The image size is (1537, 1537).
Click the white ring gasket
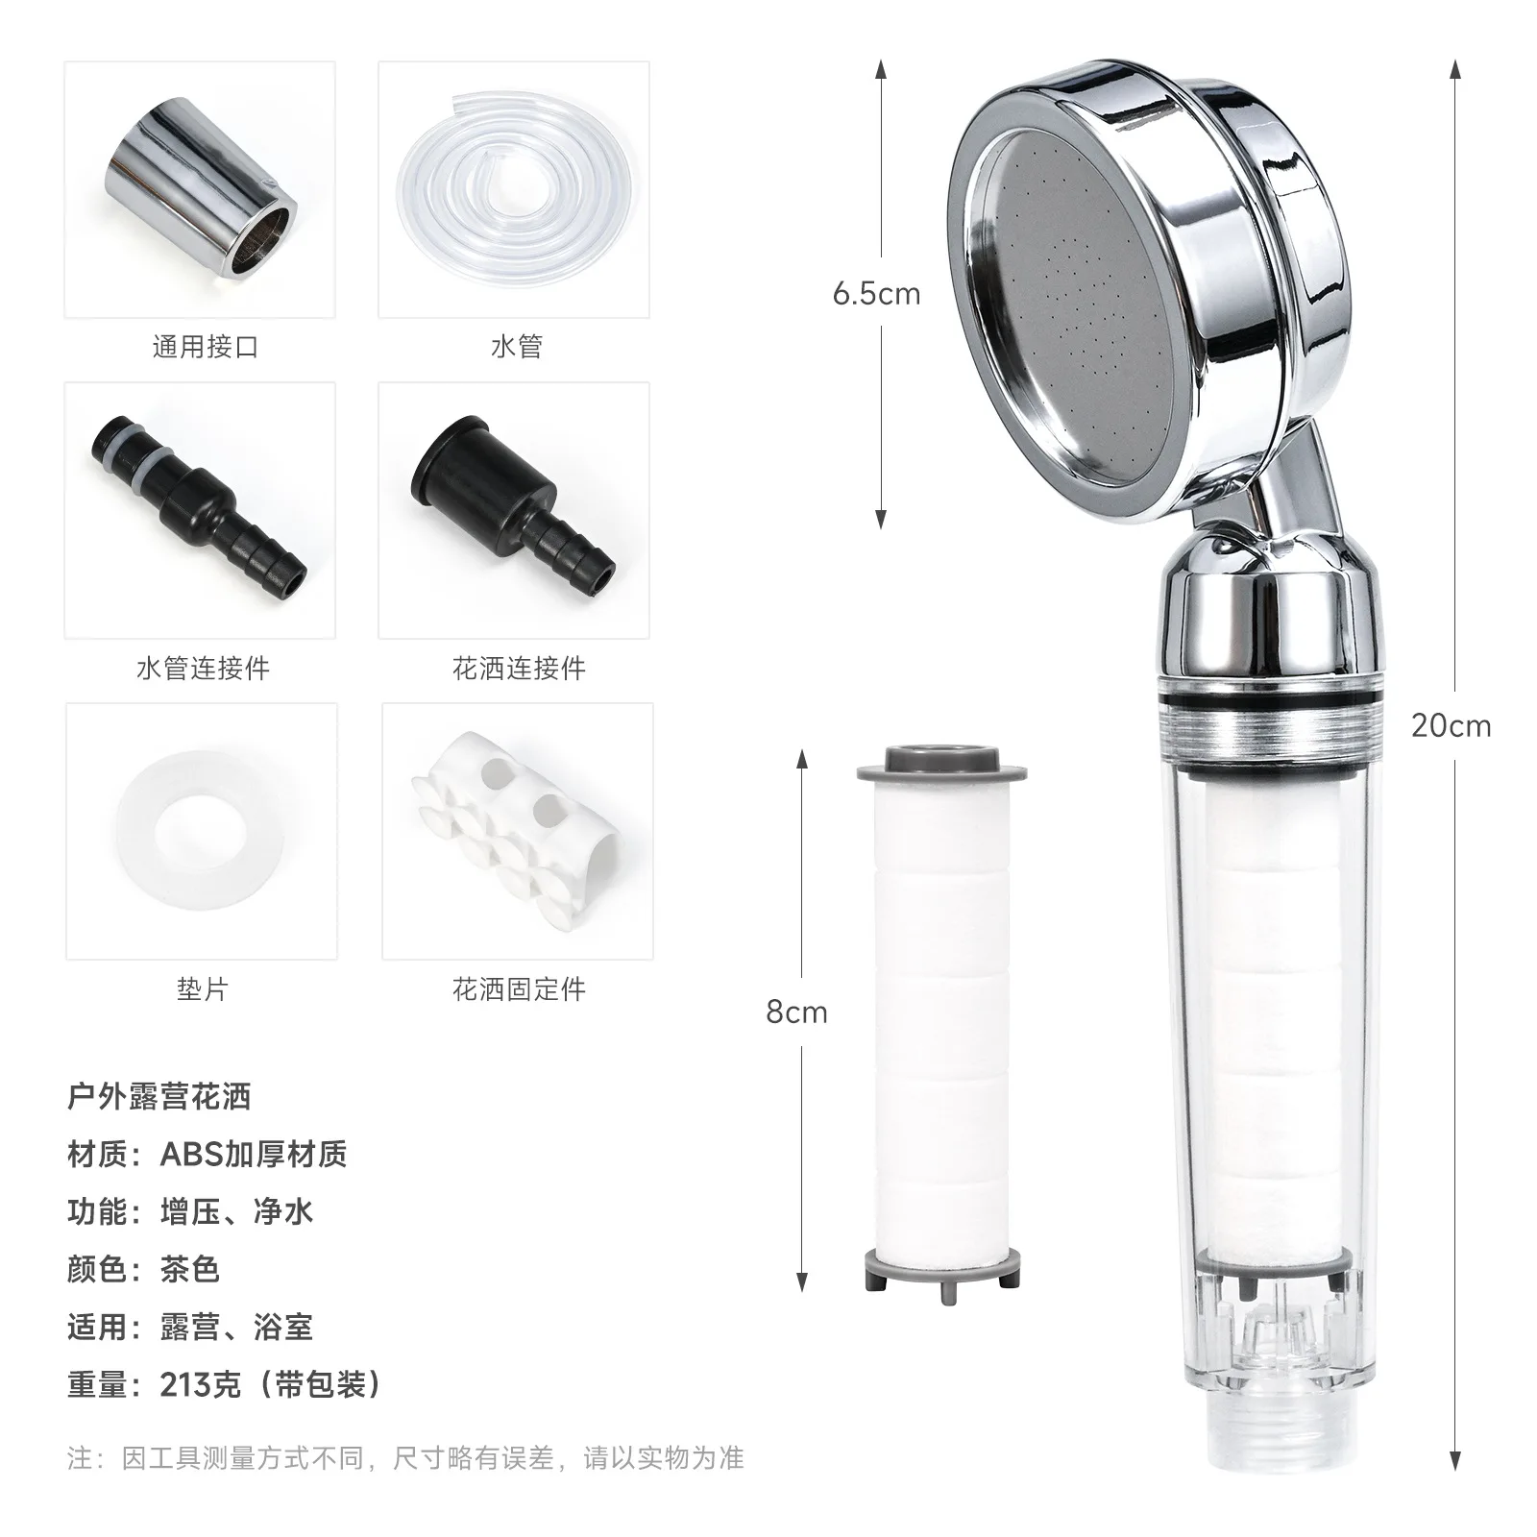pyautogui.click(x=201, y=830)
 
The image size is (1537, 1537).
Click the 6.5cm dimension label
pyautogui.click(x=876, y=294)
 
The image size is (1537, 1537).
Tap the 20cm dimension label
pyautogui.click(x=1451, y=726)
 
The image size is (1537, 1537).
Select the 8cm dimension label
pyautogui.click(x=796, y=1012)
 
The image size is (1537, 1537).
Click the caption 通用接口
pyautogui.click(x=206, y=347)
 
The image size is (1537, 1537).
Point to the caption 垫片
pyautogui.click(x=203, y=988)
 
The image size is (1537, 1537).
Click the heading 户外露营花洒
pyautogui.click(x=159, y=1096)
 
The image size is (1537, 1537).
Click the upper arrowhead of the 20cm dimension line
pyautogui.click(x=1455, y=69)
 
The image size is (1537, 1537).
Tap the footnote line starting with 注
pyautogui.click(x=405, y=1458)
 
